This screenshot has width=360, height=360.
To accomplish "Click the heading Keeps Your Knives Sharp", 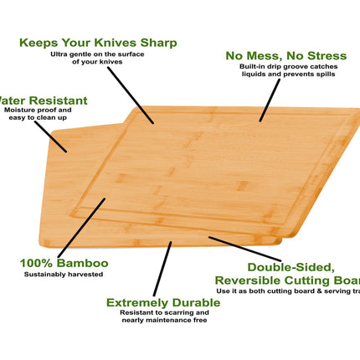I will [x=98, y=42].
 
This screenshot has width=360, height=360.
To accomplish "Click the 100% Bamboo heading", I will [x=64, y=263].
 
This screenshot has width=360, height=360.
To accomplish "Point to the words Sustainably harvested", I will [x=63, y=275].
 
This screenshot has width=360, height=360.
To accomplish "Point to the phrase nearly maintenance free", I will [x=156, y=320].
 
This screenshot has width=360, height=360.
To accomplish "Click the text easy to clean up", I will [x=36, y=117].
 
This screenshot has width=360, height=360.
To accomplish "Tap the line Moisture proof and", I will [x=38, y=110].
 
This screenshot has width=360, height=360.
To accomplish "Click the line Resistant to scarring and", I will [x=156, y=312].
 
